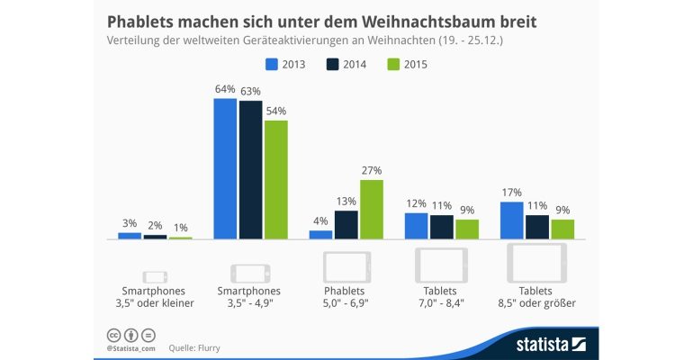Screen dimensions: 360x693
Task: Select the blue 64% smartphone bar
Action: (x=225, y=168)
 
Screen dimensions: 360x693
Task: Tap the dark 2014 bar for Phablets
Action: (x=346, y=224)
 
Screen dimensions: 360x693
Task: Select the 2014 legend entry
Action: (x=339, y=64)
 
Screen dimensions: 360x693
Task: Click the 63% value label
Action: (x=249, y=91)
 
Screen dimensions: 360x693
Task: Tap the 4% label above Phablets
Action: (x=320, y=221)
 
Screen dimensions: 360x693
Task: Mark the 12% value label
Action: (x=417, y=203)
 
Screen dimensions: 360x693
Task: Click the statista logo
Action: (x=551, y=344)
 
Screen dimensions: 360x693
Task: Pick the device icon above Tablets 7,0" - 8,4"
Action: (x=441, y=265)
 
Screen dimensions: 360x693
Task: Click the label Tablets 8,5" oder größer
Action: (x=536, y=297)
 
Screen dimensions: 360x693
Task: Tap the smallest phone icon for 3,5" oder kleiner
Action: (x=156, y=275)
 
